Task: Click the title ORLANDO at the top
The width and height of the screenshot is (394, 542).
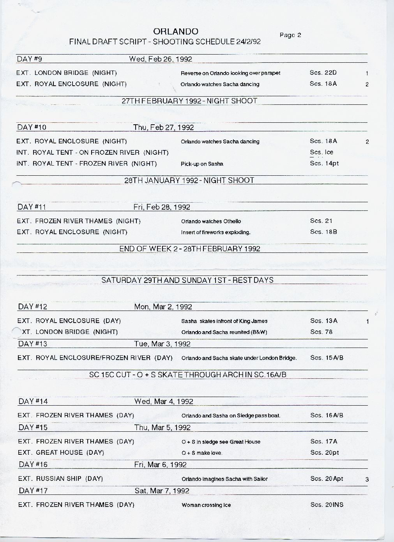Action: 175,32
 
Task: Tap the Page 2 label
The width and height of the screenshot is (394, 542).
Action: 290,35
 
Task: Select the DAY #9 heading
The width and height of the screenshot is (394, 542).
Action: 29,59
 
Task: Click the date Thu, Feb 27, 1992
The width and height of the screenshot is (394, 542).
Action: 163,127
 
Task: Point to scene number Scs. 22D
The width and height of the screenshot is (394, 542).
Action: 323,72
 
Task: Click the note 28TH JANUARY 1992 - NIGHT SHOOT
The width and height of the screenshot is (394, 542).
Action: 189,180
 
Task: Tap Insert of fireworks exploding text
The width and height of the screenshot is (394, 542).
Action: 216,232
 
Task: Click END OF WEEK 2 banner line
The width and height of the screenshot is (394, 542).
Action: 190,249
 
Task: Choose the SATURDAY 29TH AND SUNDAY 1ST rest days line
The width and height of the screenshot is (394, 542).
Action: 187,280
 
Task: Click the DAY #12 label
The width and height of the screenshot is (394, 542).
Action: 33,307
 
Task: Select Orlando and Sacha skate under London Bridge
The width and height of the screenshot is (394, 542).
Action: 239,358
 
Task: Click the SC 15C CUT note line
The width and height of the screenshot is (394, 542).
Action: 188,375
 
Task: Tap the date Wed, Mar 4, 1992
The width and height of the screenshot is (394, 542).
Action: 164,401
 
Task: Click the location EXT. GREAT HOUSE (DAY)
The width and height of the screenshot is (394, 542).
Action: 61,453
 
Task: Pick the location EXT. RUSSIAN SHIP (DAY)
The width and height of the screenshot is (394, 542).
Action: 60,479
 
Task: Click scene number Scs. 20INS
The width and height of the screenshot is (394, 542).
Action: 327,505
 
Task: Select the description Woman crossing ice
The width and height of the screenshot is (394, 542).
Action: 206,505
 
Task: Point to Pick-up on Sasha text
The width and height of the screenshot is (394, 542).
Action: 202,164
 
